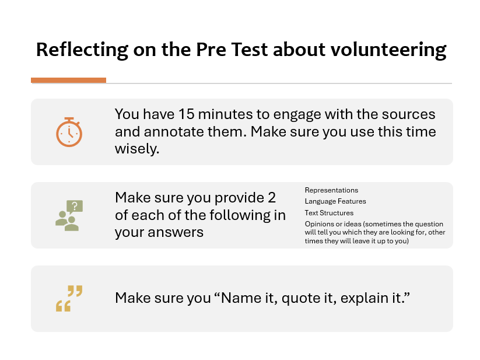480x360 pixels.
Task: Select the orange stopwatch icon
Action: click(x=69, y=132)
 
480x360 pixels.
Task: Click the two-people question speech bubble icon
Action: click(x=69, y=215)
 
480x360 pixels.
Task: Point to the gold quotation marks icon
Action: click(x=69, y=298)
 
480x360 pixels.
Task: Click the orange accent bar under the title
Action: click(x=68, y=80)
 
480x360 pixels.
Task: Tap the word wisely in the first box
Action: click(x=136, y=149)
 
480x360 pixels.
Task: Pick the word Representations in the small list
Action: click(x=331, y=190)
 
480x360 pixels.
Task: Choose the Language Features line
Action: click(x=335, y=201)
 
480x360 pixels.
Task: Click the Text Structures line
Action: click(x=329, y=213)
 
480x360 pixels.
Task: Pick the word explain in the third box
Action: click(x=363, y=298)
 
